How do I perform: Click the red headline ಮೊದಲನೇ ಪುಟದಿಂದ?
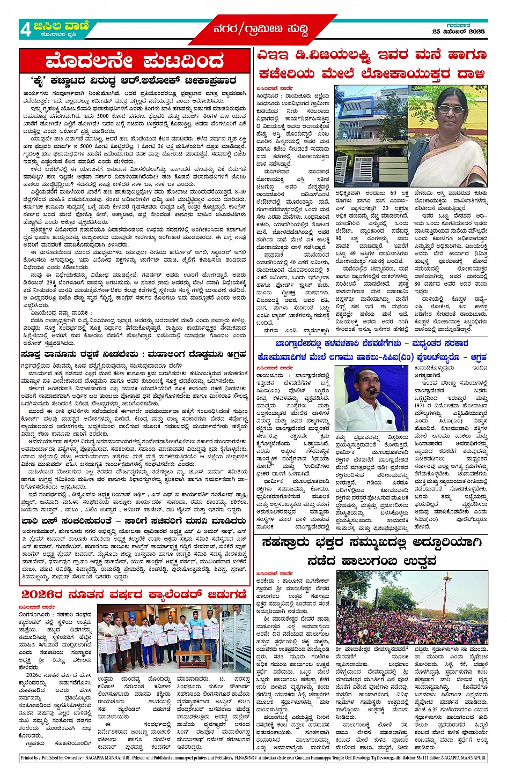tap(135, 61)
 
